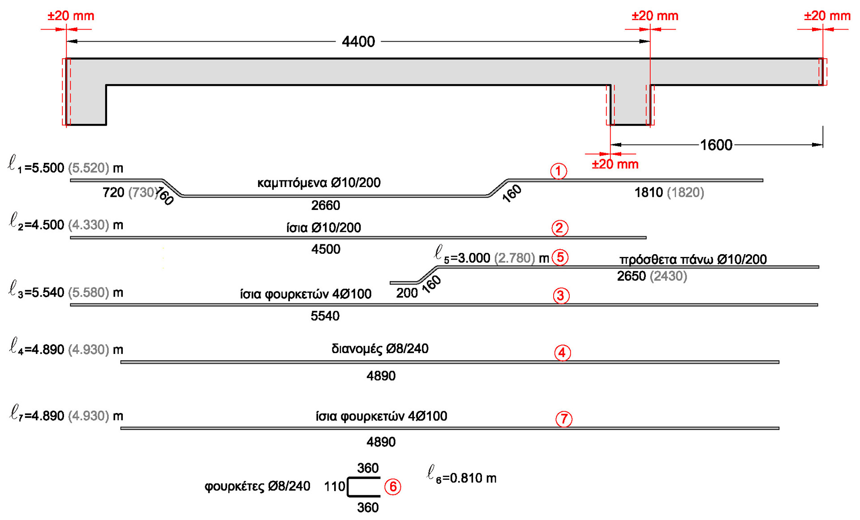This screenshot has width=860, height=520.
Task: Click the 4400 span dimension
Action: pyautogui.click(x=358, y=42)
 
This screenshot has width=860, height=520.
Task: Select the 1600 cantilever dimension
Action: pyautogui.click(x=716, y=145)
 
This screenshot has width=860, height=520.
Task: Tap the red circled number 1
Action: pyautogui.click(x=558, y=171)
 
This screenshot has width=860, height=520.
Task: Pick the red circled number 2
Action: pyautogui.click(x=559, y=228)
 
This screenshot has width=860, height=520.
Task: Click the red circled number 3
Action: pyautogui.click(x=561, y=296)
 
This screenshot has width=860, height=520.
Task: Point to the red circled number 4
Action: pyautogui.click(x=562, y=353)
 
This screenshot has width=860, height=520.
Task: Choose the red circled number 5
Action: pyautogui.click(x=560, y=258)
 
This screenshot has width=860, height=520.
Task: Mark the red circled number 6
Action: pyautogui.click(x=393, y=487)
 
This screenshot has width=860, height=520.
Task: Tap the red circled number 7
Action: pyautogui.click(x=563, y=419)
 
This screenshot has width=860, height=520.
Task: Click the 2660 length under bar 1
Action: pyautogui.click(x=326, y=205)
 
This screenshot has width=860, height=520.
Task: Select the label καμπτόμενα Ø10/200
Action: pyautogui.click(x=319, y=183)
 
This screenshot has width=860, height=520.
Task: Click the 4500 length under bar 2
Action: pyautogui.click(x=326, y=249)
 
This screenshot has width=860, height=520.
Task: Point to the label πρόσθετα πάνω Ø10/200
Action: pyautogui.click(x=693, y=260)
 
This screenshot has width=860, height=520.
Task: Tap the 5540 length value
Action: pyautogui.click(x=325, y=316)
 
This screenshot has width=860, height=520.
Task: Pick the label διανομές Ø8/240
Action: pyautogui.click(x=380, y=349)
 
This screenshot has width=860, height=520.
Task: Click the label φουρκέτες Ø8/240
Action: pyautogui.click(x=257, y=486)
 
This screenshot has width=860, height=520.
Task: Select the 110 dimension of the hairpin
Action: pyautogui.click(x=334, y=487)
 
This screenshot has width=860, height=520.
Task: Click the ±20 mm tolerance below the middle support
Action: pyautogui.click(x=615, y=164)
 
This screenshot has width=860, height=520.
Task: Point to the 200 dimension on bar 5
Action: pyautogui.click(x=407, y=293)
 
